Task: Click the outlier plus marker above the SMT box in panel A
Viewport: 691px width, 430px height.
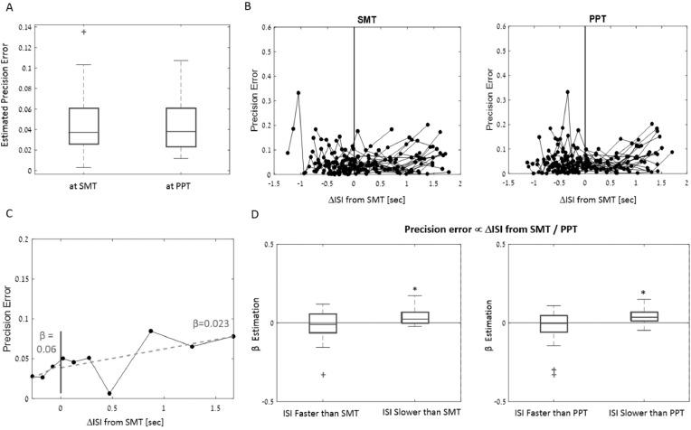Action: tap(84, 32)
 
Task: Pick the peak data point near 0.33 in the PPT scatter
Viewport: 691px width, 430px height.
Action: tap(567, 91)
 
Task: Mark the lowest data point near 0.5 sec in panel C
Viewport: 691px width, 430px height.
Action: tap(109, 393)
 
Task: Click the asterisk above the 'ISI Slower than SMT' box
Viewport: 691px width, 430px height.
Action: tap(414, 291)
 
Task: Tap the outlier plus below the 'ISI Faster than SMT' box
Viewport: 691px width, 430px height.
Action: tap(297, 374)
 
